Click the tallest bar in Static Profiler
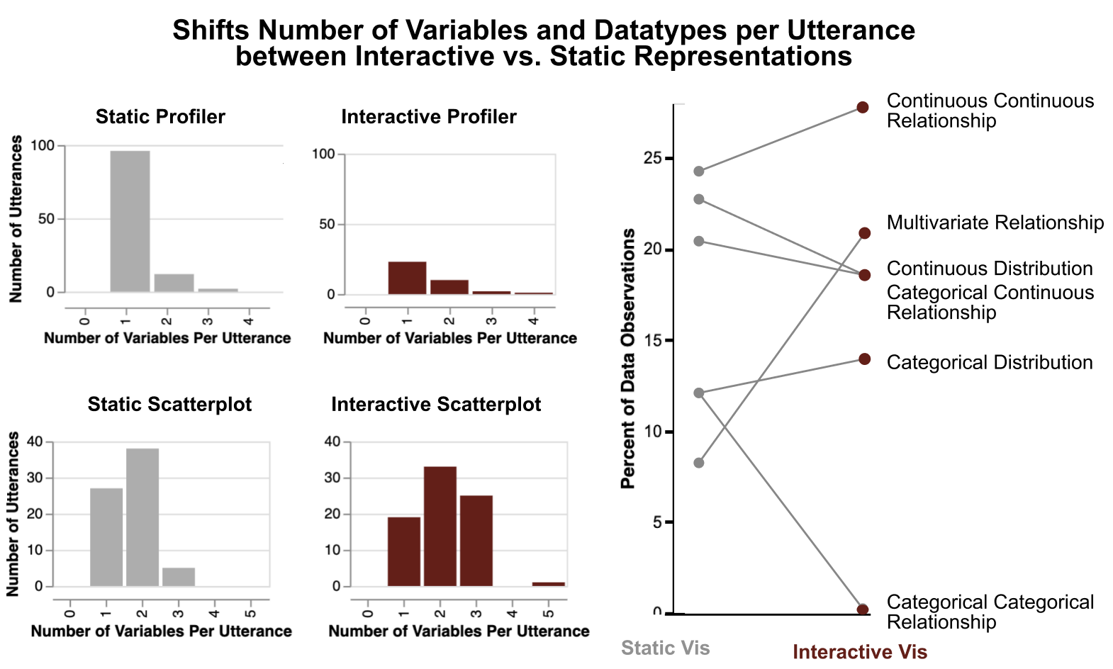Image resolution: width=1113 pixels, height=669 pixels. (x=130, y=221)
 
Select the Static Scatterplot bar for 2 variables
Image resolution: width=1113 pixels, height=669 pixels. (x=142, y=517)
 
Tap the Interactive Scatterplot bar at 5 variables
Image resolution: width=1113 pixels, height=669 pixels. (x=549, y=584)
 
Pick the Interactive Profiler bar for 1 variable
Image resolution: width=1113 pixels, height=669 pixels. (x=407, y=278)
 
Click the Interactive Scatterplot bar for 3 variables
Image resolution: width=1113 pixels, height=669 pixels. (x=476, y=541)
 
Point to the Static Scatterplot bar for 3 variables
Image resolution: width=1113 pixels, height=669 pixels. (x=179, y=577)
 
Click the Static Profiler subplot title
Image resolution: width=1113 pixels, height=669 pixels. (x=160, y=117)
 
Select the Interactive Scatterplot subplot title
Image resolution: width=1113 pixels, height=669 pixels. (x=436, y=405)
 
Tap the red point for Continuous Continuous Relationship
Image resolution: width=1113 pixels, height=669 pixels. (x=863, y=108)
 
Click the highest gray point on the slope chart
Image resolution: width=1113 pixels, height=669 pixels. (x=699, y=172)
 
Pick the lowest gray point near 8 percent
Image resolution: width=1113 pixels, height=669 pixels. (x=699, y=463)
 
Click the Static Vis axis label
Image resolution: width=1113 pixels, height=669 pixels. (x=665, y=648)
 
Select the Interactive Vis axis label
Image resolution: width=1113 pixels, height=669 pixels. (x=859, y=652)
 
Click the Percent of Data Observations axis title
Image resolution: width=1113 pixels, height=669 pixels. (x=627, y=359)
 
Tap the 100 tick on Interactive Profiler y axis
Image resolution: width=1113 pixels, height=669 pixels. (x=324, y=154)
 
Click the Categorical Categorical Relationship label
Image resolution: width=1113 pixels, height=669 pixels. (x=990, y=612)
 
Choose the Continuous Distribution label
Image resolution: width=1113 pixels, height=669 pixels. (x=990, y=269)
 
